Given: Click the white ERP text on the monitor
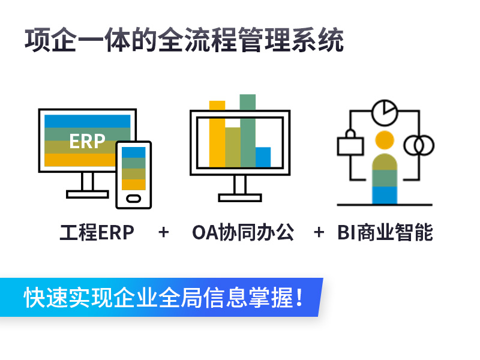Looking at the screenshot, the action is [87, 141].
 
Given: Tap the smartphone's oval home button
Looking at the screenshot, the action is [134, 199].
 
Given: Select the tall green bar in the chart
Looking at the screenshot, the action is [248, 131].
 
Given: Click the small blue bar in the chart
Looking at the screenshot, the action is [263, 157].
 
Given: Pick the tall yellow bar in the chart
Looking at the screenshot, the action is [217, 134].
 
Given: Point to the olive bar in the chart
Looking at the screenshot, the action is [233, 147].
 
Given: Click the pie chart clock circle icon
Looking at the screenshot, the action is [385, 112].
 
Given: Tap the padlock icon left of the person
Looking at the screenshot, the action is [350, 143].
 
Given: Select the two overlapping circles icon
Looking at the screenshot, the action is [419, 145].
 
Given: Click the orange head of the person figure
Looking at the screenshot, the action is [385, 140].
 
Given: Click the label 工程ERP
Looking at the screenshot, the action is [97, 232].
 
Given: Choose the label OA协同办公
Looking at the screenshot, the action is [243, 232].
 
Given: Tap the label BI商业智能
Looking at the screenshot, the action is [385, 232].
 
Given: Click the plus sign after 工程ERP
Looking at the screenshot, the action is [164, 232].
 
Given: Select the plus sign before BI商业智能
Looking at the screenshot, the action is [319, 232].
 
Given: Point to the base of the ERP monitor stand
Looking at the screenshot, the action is [88, 194].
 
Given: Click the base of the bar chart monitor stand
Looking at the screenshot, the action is [240, 197].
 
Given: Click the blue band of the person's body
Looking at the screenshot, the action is [385, 194].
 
